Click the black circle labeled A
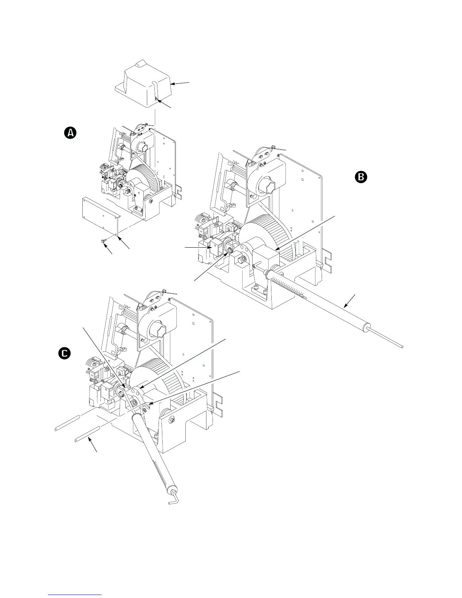click(x=70, y=133)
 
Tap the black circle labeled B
click(x=361, y=177)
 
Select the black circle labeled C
click(x=65, y=353)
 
